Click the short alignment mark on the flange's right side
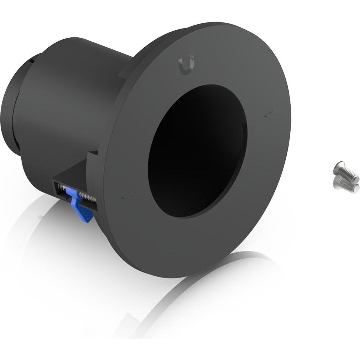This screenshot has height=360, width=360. click(269, 114)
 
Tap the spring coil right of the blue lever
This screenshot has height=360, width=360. click(87, 196)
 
